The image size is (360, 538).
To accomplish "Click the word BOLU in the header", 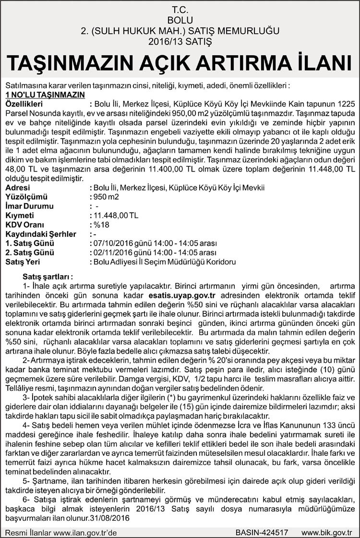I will click(x=180, y=20).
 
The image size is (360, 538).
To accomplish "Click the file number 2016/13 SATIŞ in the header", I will click(x=180, y=41).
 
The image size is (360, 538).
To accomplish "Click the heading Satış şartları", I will click(x=48, y=277).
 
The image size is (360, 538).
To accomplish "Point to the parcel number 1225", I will click(x=345, y=104).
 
